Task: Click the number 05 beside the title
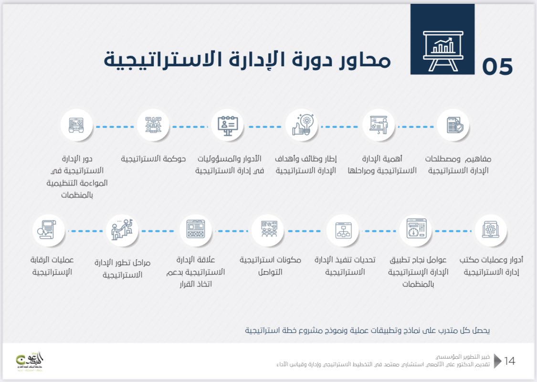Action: point(497,66)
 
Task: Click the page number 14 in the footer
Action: point(509,361)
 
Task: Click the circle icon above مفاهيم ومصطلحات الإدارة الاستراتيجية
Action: point(453,125)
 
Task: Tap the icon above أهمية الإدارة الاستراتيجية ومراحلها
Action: point(379,125)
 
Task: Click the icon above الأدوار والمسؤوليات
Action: point(227,125)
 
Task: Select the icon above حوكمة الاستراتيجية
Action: point(153,125)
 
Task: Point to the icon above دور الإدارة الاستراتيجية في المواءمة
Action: point(76,125)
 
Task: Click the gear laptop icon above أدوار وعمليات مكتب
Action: point(491,230)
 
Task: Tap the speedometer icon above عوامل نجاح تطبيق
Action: point(416,230)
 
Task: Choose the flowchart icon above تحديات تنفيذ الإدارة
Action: point(343,230)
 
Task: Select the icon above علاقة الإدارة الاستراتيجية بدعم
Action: point(196,230)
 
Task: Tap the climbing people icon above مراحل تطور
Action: point(122,230)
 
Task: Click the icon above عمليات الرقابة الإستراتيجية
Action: point(48,230)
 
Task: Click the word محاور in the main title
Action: point(362,61)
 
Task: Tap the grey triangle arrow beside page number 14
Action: point(497,361)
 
